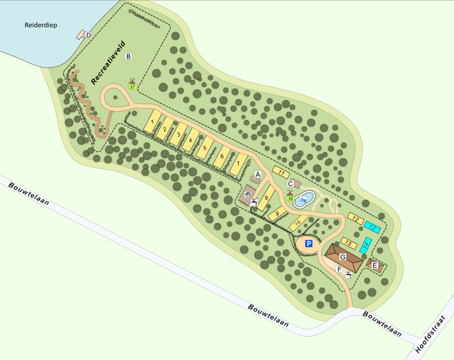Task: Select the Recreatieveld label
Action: (x=108, y=62)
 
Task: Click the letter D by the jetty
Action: (x=89, y=35)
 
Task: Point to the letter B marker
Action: (x=129, y=56)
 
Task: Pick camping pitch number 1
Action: (x=152, y=122)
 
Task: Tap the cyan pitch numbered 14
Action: (x=365, y=245)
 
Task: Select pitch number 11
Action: (x=281, y=172)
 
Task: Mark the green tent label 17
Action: (x=132, y=87)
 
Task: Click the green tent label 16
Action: (x=291, y=198)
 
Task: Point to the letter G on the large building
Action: (x=343, y=257)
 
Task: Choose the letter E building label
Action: (x=375, y=265)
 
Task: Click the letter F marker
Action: (x=339, y=270)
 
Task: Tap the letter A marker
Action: (x=258, y=175)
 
